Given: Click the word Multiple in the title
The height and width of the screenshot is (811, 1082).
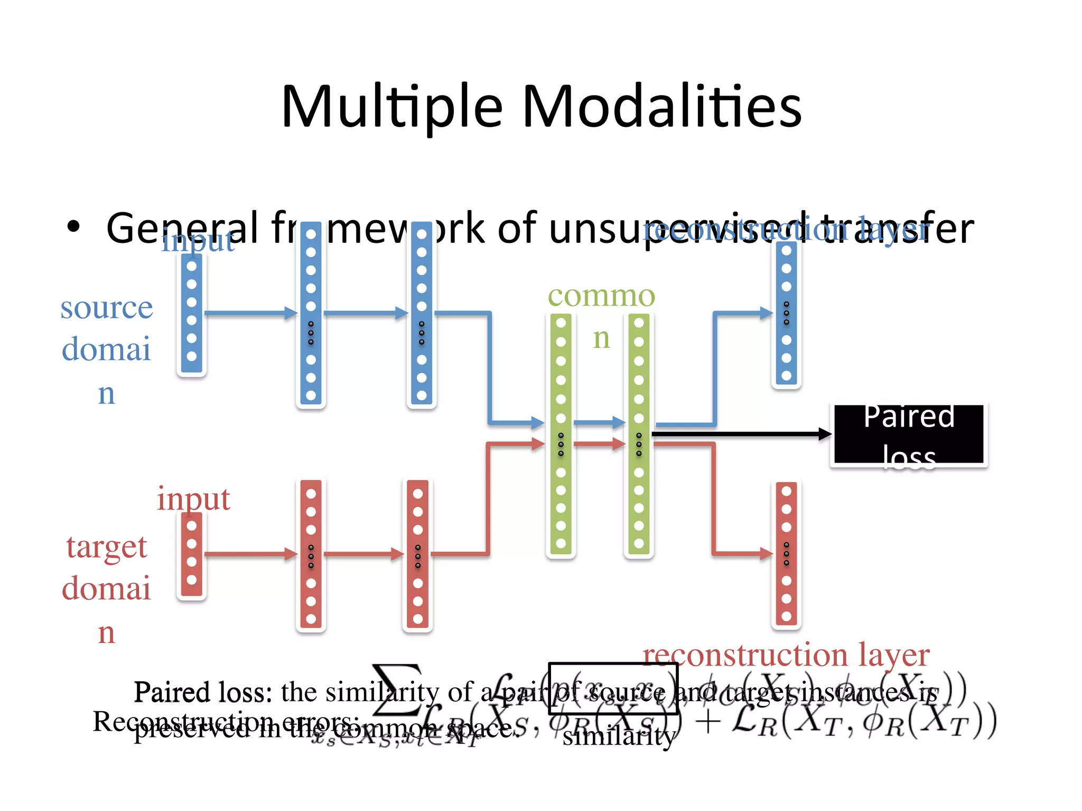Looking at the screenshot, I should pyautogui.click(x=391, y=107).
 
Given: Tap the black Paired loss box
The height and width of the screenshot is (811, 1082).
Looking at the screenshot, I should pyautogui.click(x=908, y=435).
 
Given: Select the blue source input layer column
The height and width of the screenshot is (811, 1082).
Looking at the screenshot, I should pyautogui.click(x=191, y=314).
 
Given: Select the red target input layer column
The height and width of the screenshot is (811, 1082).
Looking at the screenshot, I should pyautogui.click(x=191, y=555).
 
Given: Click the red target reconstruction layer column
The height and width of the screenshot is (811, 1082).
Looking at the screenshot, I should pyautogui.click(x=786, y=554).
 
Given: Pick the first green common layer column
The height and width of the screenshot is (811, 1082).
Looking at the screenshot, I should pyautogui.click(x=561, y=435).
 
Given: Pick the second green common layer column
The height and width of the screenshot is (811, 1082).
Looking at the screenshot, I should pyautogui.click(x=639, y=435).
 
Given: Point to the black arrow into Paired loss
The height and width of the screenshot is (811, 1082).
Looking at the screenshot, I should pyautogui.click(x=740, y=434).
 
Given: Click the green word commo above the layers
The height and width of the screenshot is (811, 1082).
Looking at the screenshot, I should pyautogui.click(x=601, y=296).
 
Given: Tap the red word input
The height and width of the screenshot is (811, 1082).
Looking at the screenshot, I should pyautogui.click(x=193, y=499).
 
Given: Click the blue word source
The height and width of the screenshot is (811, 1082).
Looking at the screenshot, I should pyautogui.click(x=106, y=308).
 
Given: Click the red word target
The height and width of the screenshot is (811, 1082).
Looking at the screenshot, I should pyautogui.click(x=106, y=547).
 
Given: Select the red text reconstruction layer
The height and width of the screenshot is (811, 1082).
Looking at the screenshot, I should pyautogui.click(x=786, y=655).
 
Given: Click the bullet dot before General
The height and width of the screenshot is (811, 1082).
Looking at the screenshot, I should pyautogui.click(x=73, y=227).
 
